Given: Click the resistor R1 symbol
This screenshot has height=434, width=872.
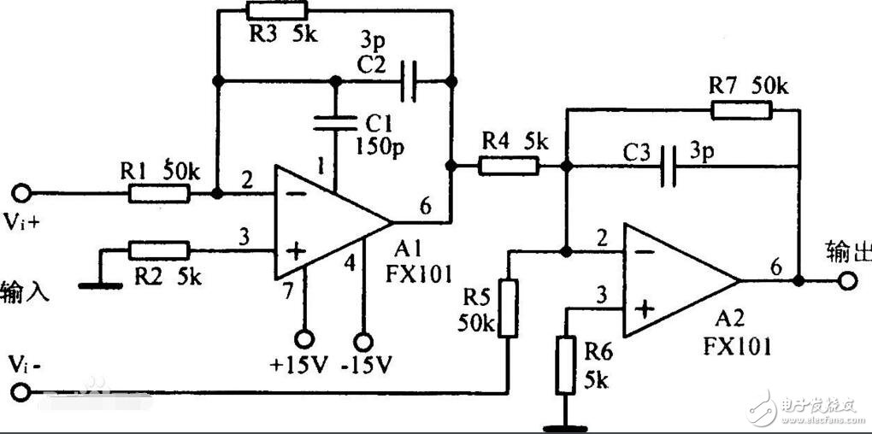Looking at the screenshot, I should (159, 194).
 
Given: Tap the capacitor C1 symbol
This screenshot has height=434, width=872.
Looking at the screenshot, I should (335, 122).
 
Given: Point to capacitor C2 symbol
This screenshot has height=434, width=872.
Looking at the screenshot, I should (409, 81).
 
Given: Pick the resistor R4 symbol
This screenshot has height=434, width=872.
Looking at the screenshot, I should (509, 166).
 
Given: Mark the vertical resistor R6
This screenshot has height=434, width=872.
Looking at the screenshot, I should (565, 366).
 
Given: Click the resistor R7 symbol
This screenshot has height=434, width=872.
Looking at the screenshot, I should (741, 109).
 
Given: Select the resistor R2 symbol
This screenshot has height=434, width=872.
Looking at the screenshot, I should (159, 250).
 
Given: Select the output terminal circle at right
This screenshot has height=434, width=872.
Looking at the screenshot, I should (847, 280).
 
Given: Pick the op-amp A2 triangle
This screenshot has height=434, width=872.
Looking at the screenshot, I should (675, 280).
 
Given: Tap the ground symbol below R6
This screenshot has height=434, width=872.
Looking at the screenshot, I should (565, 423).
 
